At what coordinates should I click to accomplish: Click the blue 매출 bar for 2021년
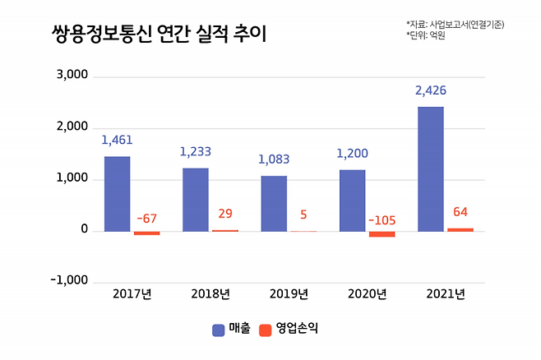430,168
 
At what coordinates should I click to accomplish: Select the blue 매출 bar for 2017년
117,193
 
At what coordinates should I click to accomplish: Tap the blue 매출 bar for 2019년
274,203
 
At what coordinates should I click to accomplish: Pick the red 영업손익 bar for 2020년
381,234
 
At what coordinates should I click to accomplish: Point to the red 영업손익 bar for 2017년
147,233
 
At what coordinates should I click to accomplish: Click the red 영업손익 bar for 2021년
460,229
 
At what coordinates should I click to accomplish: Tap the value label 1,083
274,159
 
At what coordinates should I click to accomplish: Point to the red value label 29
225,214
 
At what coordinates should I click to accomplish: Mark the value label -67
146,218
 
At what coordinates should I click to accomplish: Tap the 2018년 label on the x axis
210,293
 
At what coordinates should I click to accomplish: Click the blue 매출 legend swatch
219,330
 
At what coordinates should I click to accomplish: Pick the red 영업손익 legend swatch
265,330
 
